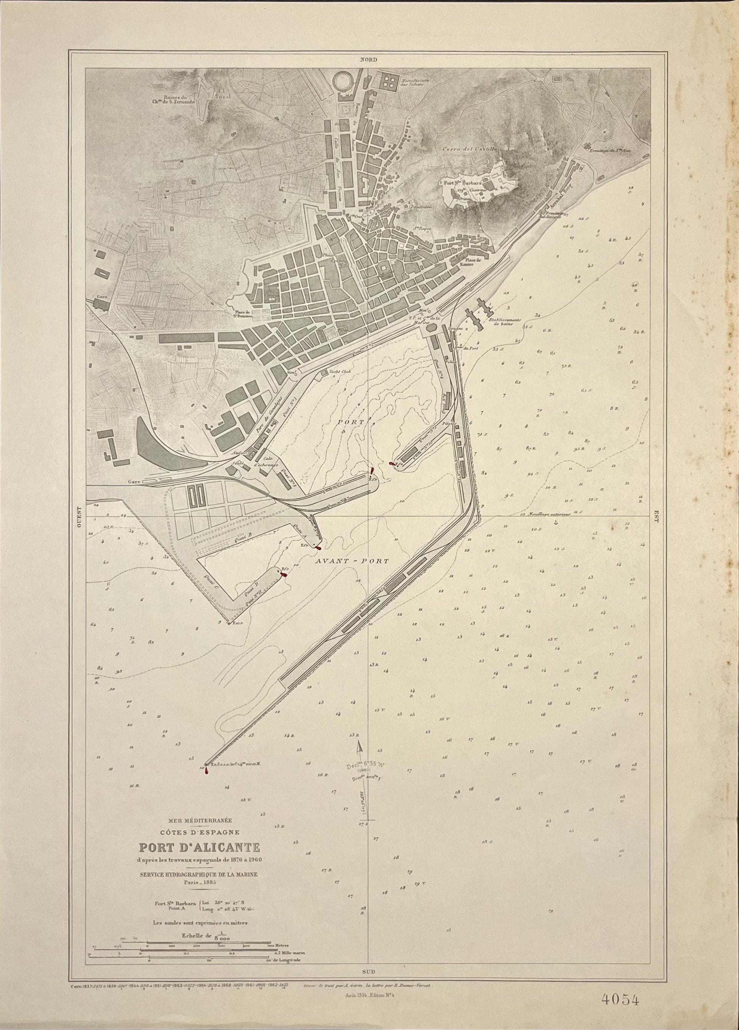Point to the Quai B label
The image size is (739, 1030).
(242, 540)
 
